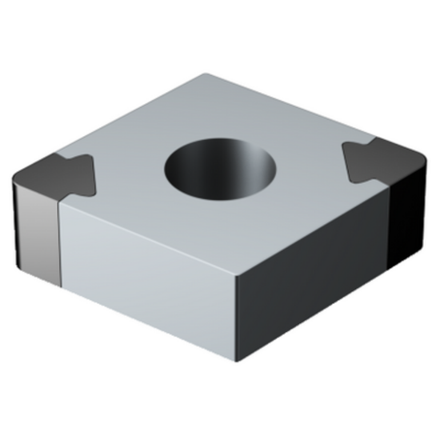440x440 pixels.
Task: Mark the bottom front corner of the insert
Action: [x=237, y=362]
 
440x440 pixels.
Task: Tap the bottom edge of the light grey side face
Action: [x=148, y=324]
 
